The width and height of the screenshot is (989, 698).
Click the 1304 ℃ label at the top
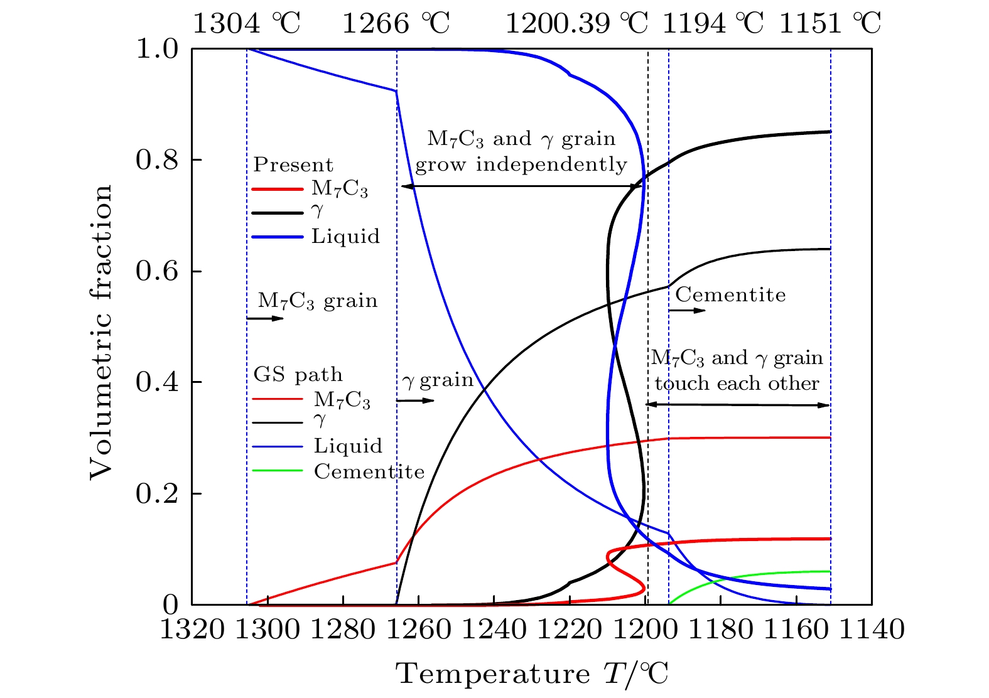(x=246, y=24)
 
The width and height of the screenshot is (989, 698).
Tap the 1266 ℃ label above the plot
(x=396, y=24)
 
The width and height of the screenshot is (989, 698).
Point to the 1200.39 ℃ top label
(x=576, y=24)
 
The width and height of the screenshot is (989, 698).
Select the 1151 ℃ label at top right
(x=830, y=24)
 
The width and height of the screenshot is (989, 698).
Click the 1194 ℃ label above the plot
(x=713, y=24)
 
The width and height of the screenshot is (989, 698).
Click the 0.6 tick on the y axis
(x=157, y=271)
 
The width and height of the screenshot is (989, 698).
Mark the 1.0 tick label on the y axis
(x=157, y=49)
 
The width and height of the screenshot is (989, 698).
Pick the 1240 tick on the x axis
(x=494, y=628)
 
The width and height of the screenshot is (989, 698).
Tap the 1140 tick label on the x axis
(x=872, y=628)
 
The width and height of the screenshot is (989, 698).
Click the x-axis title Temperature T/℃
(x=532, y=674)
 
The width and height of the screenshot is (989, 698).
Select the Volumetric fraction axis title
(x=100, y=331)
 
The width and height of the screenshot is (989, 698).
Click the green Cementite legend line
(x=277, y=471)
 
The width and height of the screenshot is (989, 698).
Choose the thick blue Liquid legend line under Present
(x=277, y=237)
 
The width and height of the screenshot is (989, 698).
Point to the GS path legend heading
(x=298, y=375)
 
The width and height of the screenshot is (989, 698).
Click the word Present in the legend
(x=293, y=164)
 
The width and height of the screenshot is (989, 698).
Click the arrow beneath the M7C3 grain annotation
(x=265, y=319)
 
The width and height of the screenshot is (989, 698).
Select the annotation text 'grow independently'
(x=521, y=165)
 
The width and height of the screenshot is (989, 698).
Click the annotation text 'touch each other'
(x=737, y=384)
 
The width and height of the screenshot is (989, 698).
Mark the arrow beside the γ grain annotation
(x=415, y=400)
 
